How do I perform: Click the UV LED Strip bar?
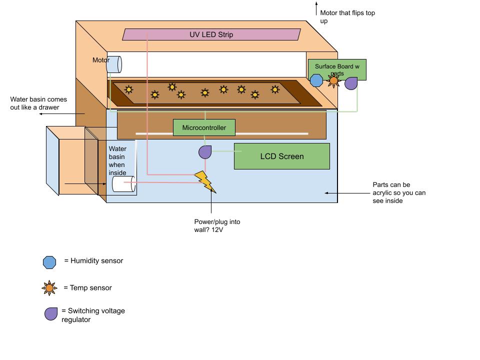point(211,34)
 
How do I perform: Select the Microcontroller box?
point(204,127)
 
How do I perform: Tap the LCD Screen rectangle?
point(282,156)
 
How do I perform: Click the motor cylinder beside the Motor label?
point(114,64)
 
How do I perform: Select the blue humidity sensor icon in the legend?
point(49,262)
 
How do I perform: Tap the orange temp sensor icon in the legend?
point(49,288)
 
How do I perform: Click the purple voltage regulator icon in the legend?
point(51,314)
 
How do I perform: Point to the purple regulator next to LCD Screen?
point(205,152)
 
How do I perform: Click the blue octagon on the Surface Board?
point(316,80)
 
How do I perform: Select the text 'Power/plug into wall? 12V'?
point(217,225)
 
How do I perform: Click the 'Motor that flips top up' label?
point(347,17)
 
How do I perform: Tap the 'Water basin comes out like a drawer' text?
point(38,103)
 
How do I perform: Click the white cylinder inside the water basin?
point(123,184)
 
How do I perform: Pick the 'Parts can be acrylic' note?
point(398,192)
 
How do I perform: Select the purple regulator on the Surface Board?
point(351,83)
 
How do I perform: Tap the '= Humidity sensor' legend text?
point(93,260)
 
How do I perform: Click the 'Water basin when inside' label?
point(117,160)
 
